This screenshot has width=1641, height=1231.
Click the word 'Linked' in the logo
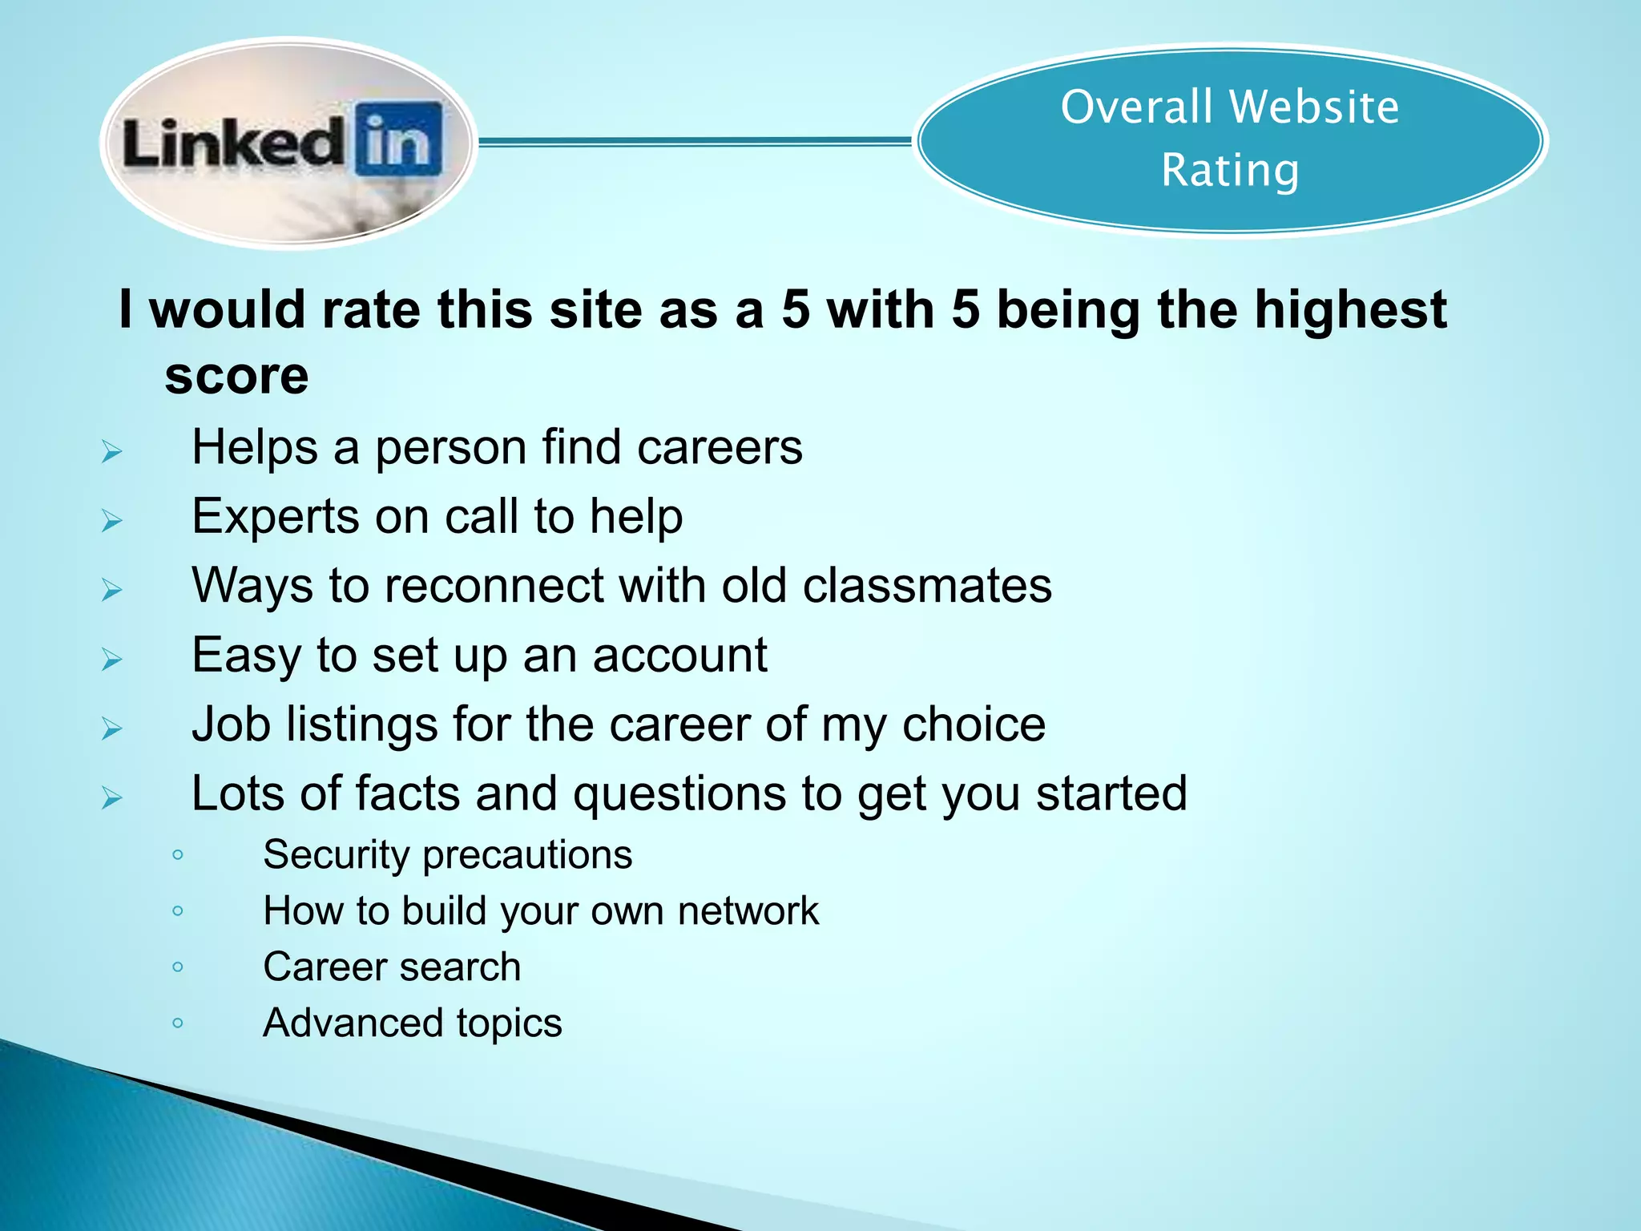pyautogui.click(x=232, y=143)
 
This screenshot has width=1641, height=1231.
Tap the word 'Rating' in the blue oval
pyautogui.click(x=1229, y=170)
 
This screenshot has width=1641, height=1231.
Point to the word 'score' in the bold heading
pyautogui.click(x=236, y=375)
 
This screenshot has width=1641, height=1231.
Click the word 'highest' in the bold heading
pyautogui.click(x=1350, y=309)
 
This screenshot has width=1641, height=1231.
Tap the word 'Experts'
pyautogui.click(x=275, y=516)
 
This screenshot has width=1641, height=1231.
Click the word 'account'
pyautogui.click(x=679, y=655)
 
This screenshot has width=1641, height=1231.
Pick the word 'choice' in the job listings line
pyautogui.click(x=974, y=724)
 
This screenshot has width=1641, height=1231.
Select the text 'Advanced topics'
pyautogui.click(x=412, y=1023)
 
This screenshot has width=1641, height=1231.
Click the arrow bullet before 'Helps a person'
pyautogui.click(x=111, y=452)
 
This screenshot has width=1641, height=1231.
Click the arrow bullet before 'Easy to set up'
pyautogui.click(x=111, y=660)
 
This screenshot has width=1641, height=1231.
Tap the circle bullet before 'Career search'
pyautogui.click(x=178, y=967)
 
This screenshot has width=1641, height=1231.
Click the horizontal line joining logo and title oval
pyautogui.click(x=694, y=142)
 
